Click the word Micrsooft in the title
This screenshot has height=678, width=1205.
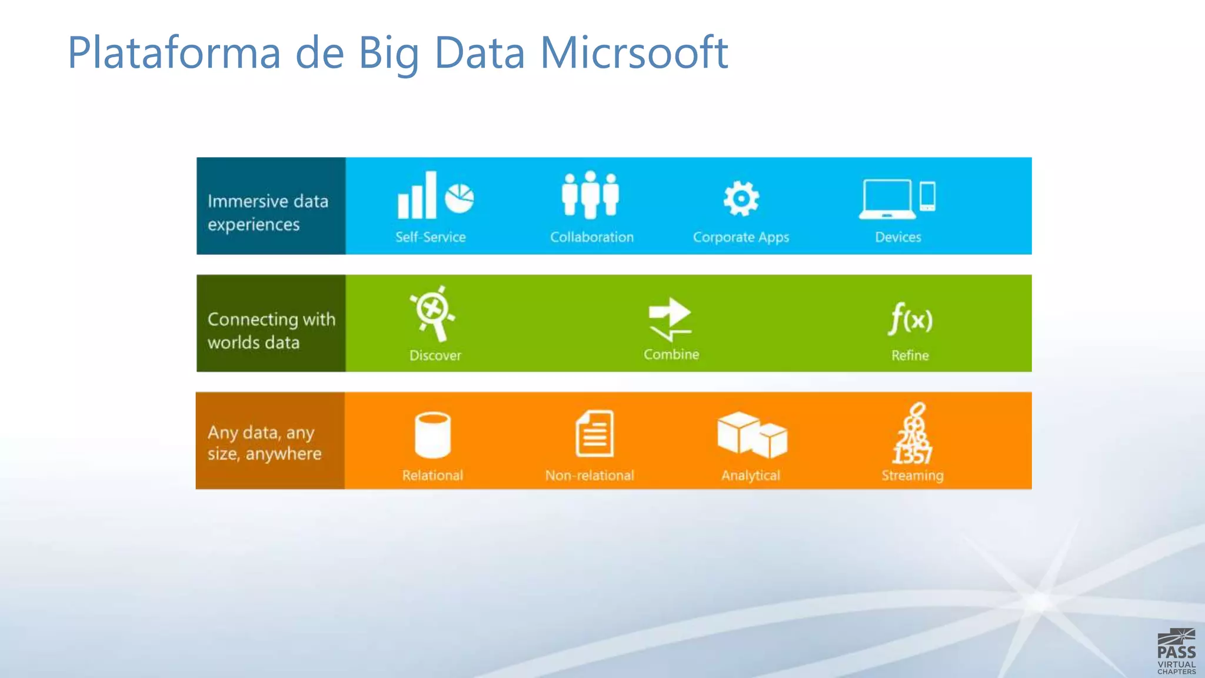634,53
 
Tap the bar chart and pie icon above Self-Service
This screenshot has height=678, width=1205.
435,195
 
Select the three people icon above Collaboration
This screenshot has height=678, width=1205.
590,194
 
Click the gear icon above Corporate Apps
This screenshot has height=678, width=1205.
741,198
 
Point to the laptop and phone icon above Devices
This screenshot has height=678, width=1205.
897,198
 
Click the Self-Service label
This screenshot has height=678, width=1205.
430,237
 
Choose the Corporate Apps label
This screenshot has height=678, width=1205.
741,238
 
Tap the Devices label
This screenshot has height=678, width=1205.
898,237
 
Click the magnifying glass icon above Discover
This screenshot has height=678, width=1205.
434,313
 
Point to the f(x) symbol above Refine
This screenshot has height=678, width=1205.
910,319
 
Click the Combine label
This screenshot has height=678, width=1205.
671,354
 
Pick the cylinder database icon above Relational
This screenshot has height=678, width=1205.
432,435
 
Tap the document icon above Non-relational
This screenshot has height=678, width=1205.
594,434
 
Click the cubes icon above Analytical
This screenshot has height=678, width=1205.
752,435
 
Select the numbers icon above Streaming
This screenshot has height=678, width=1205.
913,434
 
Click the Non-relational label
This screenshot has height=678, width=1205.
590,476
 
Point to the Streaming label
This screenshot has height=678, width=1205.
913,476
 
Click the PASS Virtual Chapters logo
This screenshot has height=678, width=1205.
1176,652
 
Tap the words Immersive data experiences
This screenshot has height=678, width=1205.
268,212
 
